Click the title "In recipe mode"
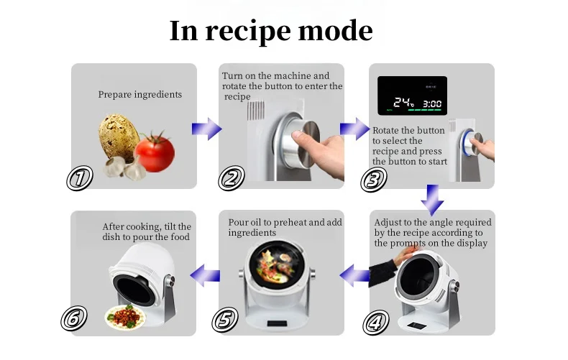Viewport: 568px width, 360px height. coord(271,31)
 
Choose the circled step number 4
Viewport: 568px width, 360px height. coord(375,323)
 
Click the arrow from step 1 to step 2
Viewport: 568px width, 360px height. coord(206,129)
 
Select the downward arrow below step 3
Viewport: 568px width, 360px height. coord(432,199)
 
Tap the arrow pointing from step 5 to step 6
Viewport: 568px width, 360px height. coord(205,273)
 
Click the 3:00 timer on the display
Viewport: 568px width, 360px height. coord(431,103)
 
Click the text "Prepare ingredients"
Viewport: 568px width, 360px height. coord(139,94)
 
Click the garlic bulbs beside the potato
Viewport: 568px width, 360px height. coord(123,168)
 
